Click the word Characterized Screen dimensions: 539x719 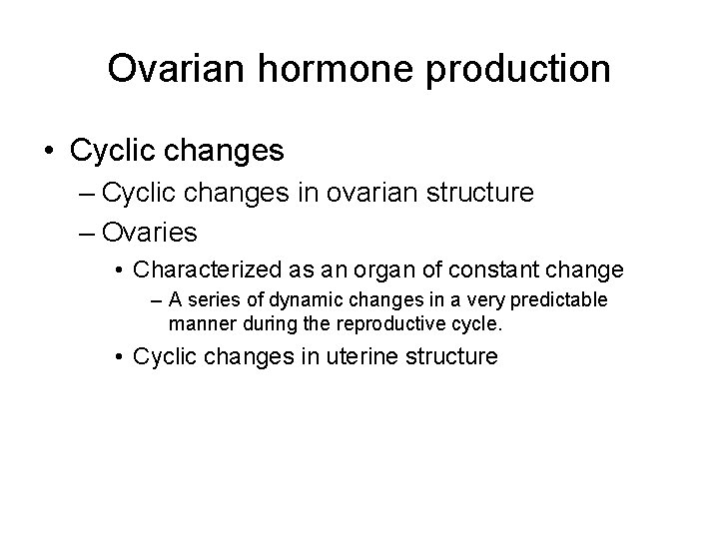203,269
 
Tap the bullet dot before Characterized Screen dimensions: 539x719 119,269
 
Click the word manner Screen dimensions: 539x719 199,322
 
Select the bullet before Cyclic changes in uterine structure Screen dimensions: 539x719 119,356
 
